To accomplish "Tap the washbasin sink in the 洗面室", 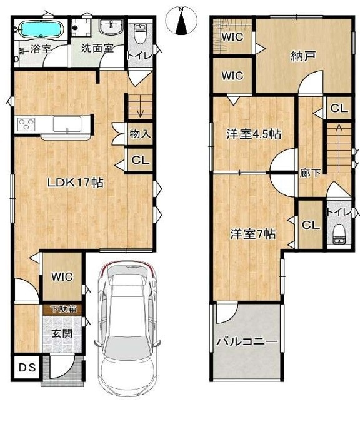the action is click(111, 27).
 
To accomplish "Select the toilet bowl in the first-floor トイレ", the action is click(140, 34).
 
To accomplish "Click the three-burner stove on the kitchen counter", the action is click(26, 124).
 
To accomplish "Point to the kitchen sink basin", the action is click(67, 124).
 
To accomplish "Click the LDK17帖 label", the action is click(76, 183).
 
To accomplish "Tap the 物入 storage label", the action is click(140, 134).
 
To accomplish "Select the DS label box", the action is click(27, 367).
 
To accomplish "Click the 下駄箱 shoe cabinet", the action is click(62, 309).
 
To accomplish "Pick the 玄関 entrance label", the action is click(62, 334).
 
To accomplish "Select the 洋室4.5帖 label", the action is click(254, 134).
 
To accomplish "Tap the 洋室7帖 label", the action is click(253, 234).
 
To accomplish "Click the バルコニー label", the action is click(247, 342).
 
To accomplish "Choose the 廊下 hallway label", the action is click(310, 173).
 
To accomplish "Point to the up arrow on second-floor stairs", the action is click(337, 148).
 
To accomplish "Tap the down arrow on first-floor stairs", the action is click(140, 107).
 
